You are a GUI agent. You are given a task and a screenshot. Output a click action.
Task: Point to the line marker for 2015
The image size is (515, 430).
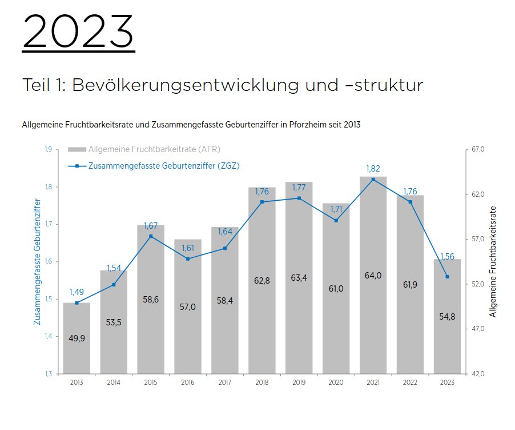click(151, 236)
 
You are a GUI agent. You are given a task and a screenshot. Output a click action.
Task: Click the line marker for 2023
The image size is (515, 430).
click(447, 277)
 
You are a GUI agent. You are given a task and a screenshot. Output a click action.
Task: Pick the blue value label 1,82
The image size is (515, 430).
click(373, 169)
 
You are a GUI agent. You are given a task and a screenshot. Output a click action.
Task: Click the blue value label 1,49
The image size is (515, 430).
click(77, 292)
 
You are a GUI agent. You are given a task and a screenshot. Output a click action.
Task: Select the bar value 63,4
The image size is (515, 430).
click(299, 278)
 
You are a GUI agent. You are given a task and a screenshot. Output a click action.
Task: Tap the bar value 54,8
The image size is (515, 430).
click(447, 317)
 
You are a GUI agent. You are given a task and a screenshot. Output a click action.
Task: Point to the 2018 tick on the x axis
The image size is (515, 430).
click(262, 383)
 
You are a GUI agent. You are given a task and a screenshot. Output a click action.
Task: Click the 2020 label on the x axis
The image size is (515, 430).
click(336, 383)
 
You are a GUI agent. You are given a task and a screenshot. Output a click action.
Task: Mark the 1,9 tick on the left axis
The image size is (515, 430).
click(48, 149)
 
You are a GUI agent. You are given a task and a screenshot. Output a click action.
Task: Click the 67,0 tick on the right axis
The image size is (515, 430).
click(478, 149)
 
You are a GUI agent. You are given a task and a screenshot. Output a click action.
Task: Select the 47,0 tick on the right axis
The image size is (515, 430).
click(478, 329)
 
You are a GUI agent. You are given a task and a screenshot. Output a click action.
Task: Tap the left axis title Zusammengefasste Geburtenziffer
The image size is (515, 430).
click(38, 261)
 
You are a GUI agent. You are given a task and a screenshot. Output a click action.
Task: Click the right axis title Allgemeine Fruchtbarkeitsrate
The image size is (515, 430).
click(493, 261)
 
